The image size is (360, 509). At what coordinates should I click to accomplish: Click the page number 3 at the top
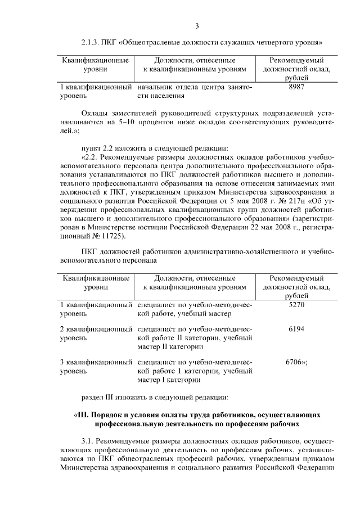[197, 26]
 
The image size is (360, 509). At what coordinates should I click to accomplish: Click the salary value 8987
[296, 88]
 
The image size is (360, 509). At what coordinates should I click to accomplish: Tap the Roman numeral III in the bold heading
[83, 415]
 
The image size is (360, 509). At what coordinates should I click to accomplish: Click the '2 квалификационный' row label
[95, 328]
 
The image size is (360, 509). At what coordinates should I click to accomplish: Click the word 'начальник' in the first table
[154, 88]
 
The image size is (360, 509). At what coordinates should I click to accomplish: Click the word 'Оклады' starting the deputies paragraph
[95, 112]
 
